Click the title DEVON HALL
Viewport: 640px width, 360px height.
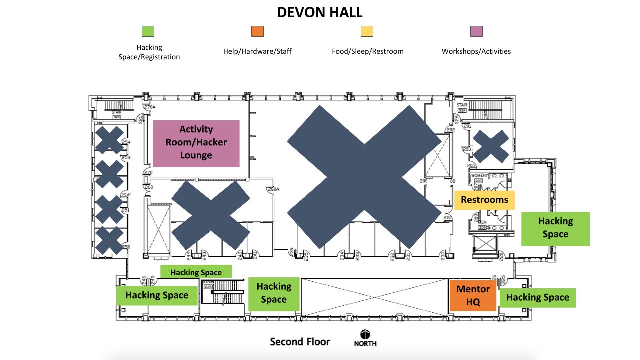coord(320,12)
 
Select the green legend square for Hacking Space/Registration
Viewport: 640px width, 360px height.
coord(148,32)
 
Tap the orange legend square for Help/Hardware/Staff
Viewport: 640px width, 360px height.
coord(257,32)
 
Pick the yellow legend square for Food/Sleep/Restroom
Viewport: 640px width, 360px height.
coord(367,32)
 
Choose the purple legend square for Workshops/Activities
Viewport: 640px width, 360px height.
coord(476,32)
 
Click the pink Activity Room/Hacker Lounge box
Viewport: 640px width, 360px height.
coord(196,143)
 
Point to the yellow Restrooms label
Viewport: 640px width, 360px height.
coord(484,200)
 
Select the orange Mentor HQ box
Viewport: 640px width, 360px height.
coord(473,296)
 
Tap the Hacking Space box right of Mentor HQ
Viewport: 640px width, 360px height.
coord(538,298)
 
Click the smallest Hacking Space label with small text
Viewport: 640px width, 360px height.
coord(196,272)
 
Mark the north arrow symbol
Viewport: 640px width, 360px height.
coord(365,335)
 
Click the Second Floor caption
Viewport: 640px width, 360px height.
coord(300,342)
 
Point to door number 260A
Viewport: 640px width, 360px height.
coord(273,189)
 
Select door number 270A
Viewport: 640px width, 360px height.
coord(150,107)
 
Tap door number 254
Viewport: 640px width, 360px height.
coord(126,143)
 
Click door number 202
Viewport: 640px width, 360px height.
coord(451,130)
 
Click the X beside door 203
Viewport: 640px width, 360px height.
coord(490,146)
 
